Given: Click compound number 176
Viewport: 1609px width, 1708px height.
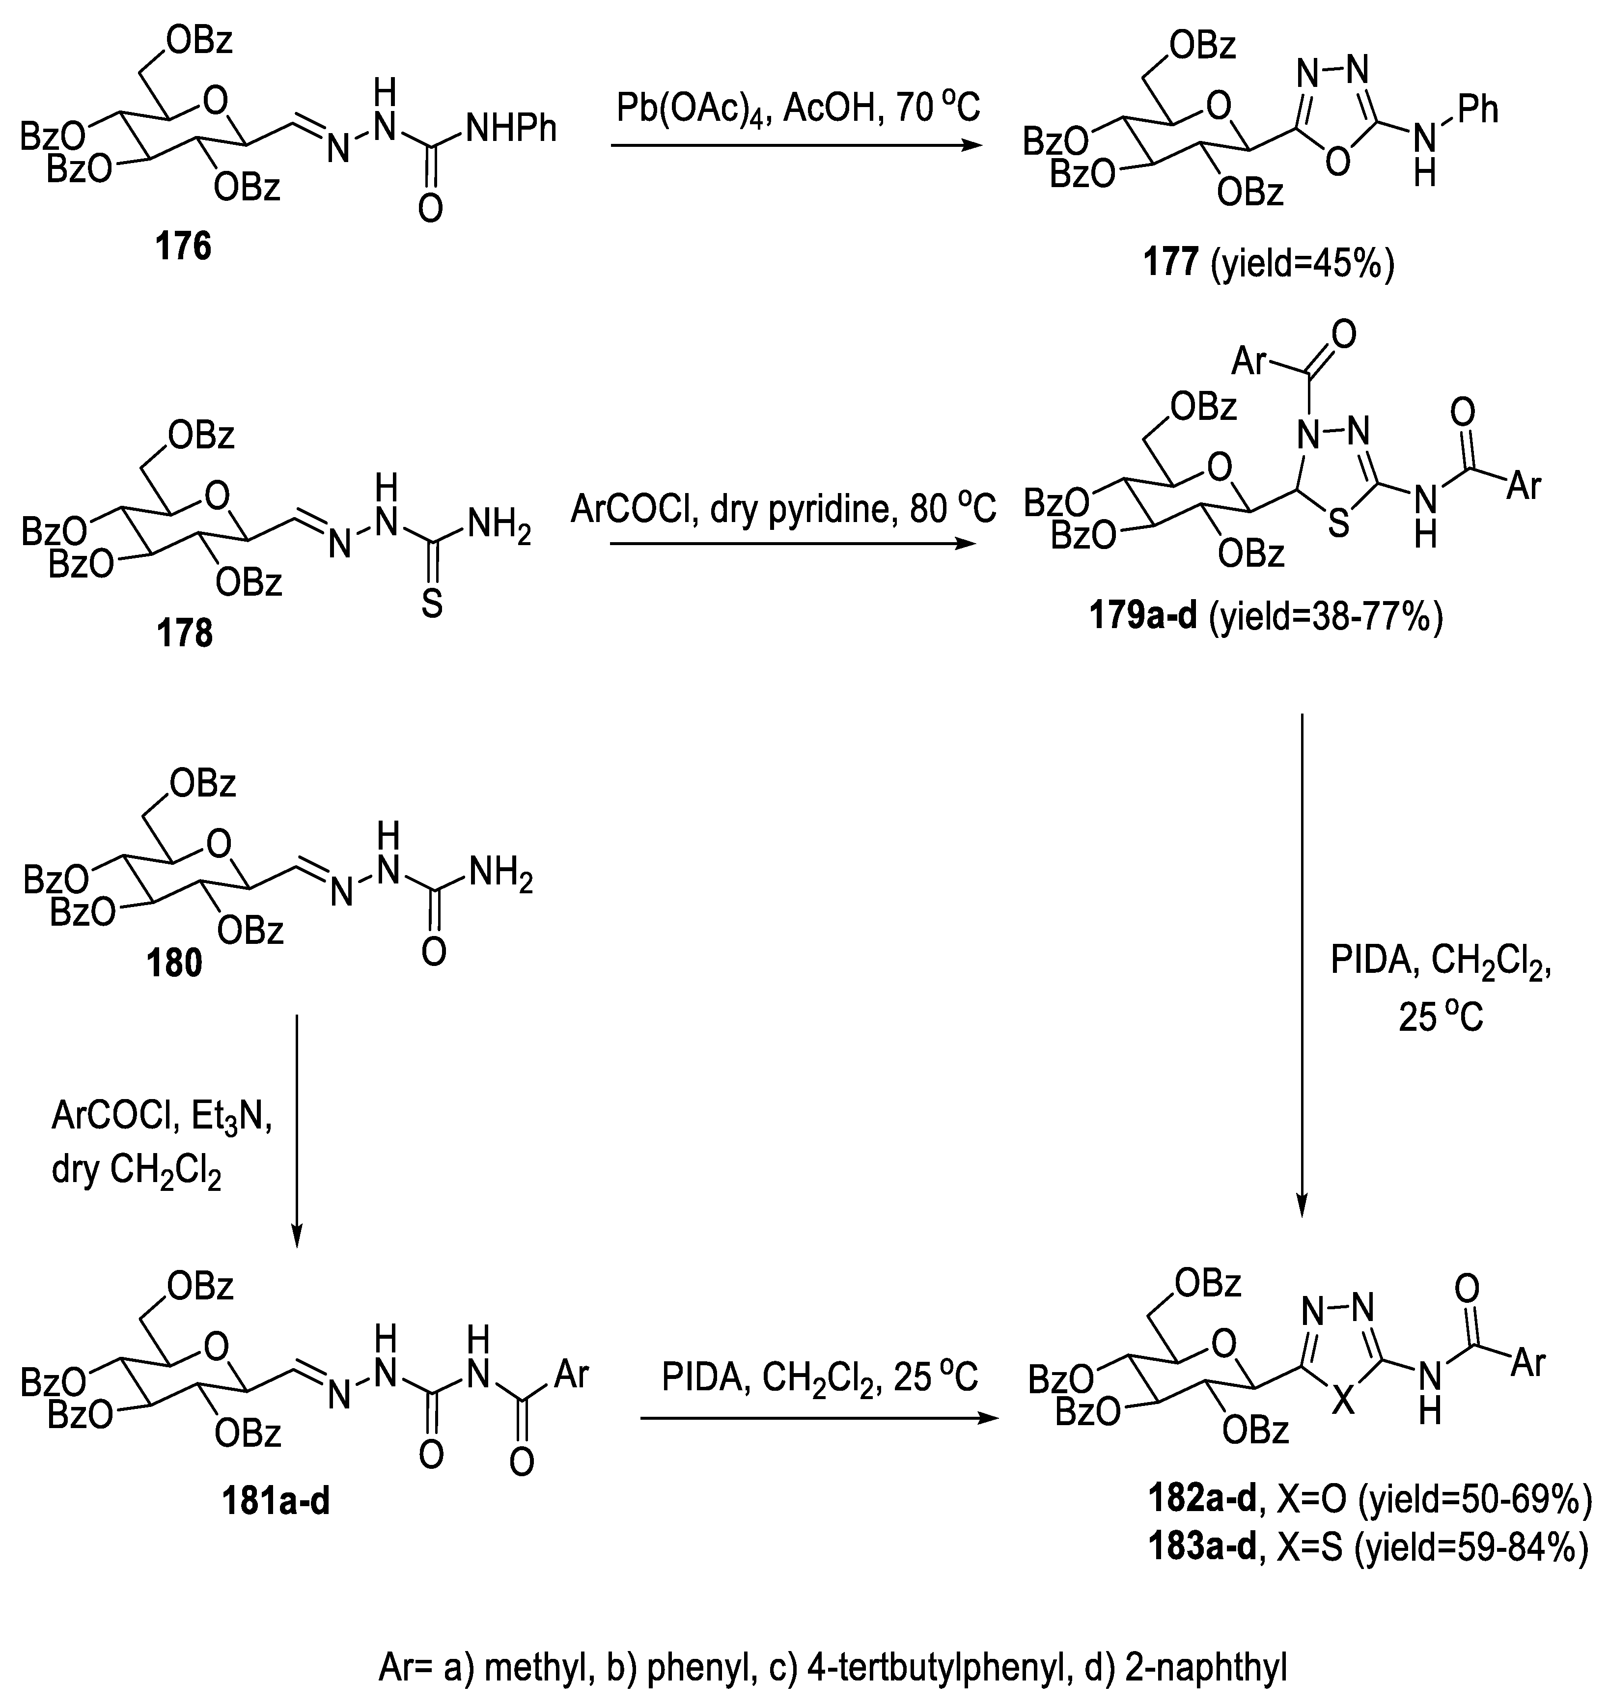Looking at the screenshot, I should (183, 247).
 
